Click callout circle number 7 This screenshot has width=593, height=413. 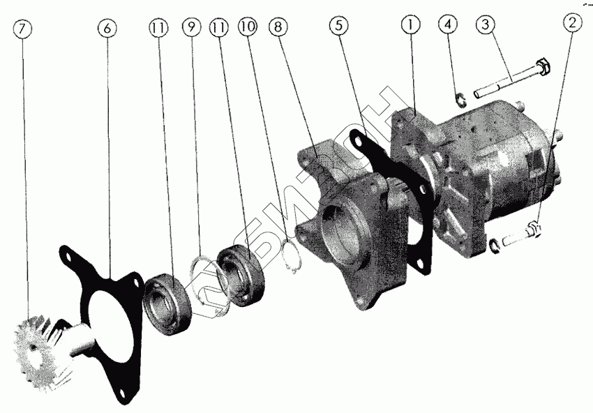click(x=22, y=29)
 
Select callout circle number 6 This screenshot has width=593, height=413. click(x=107, y=28)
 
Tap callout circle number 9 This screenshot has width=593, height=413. click(x=192, y=27)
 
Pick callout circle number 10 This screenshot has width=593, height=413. click(x=248, y=27)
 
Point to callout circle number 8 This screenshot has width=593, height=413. click(x=278, y=27)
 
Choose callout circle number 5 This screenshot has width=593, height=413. click(x=338, y=25)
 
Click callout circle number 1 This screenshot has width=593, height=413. click(x=411, y=24)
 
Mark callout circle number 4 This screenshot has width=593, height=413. click(x=448, y=24)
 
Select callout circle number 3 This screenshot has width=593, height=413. click(x=486, y=24)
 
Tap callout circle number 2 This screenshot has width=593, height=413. click(x=572, y=23)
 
